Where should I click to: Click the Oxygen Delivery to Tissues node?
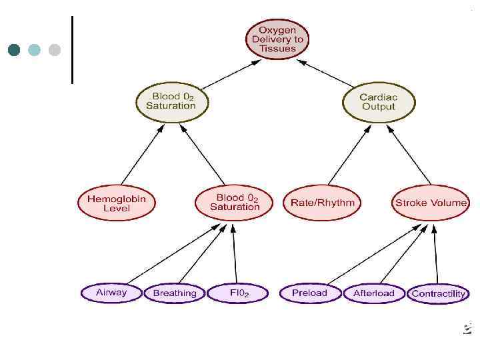point(277,39)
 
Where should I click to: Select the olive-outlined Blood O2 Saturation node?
point(174,102)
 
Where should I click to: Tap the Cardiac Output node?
point(378,102)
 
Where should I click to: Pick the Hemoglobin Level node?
point(117,203)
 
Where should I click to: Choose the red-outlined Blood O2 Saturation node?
point(235,203)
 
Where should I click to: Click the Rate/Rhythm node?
point(323,203)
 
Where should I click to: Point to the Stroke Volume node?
point(431,203)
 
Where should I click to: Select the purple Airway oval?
point(111,293)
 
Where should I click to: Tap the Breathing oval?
point(175,293)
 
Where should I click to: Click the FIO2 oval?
point(239,293)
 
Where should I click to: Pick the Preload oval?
point(309,293)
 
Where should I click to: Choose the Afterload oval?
point(374,293)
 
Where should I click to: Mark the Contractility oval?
point(438,293)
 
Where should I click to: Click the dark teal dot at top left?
point(14,50)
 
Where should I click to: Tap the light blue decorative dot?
point(34,50)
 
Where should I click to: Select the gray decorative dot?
point(55,50)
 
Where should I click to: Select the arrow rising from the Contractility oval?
point(435,253)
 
